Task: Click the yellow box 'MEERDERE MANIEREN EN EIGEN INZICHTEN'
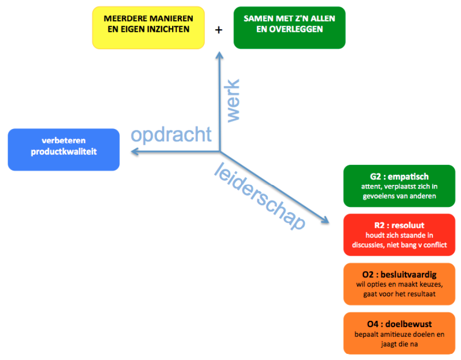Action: point(149,28)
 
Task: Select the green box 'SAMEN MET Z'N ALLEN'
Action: point(289,28)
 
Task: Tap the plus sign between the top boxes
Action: point(219,30)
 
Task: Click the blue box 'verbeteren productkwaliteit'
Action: point(64,149)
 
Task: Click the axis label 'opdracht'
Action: point(171,135)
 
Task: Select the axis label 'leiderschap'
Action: point(260,195)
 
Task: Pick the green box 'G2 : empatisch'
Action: point(399,186)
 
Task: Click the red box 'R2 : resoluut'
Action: point(399,235)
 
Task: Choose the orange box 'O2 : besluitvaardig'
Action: point(399,284)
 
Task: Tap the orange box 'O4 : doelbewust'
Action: point(399,333)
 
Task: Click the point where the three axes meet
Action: point(220,152)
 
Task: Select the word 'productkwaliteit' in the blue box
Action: point(64,152)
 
